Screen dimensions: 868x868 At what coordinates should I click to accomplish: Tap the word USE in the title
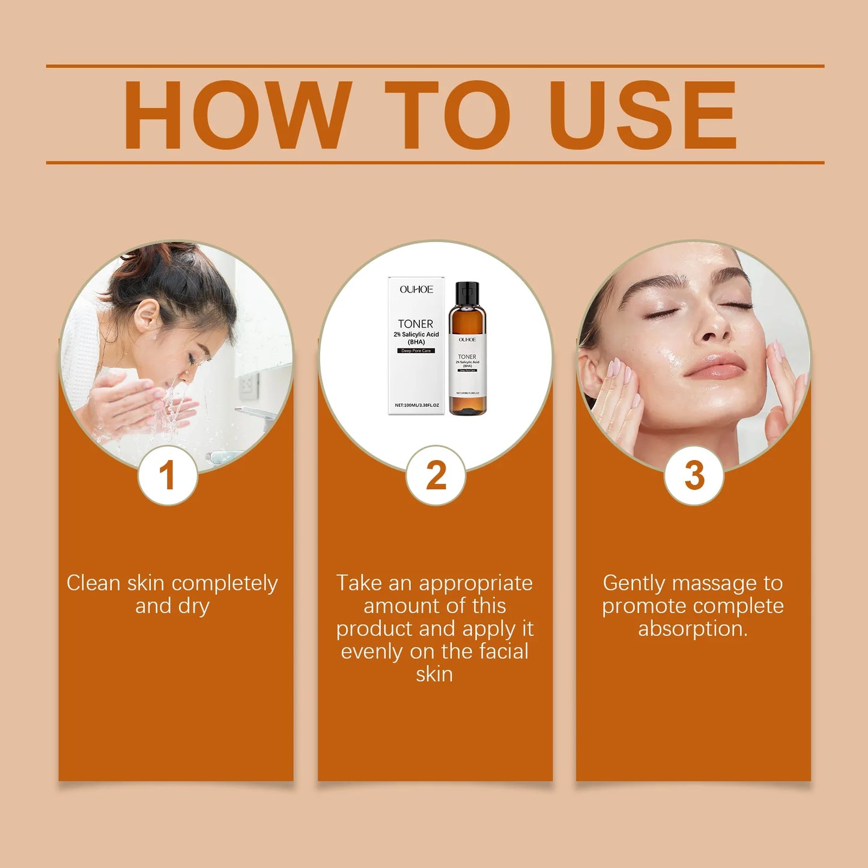643,115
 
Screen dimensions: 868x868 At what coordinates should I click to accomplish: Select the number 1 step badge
168,475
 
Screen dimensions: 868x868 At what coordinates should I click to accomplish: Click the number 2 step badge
436,475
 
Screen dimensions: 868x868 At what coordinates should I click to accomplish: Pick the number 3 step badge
694,475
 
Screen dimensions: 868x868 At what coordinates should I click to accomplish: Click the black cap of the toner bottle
467,293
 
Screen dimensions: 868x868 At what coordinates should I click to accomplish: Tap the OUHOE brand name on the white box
416,290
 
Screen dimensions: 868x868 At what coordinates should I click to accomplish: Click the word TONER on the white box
415,324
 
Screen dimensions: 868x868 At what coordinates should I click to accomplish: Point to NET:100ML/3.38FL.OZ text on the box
416,405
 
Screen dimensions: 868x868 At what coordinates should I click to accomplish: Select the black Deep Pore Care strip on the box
416,351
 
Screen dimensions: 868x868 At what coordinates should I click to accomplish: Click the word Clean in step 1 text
93,583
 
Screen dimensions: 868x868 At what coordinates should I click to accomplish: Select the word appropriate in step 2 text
475,583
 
